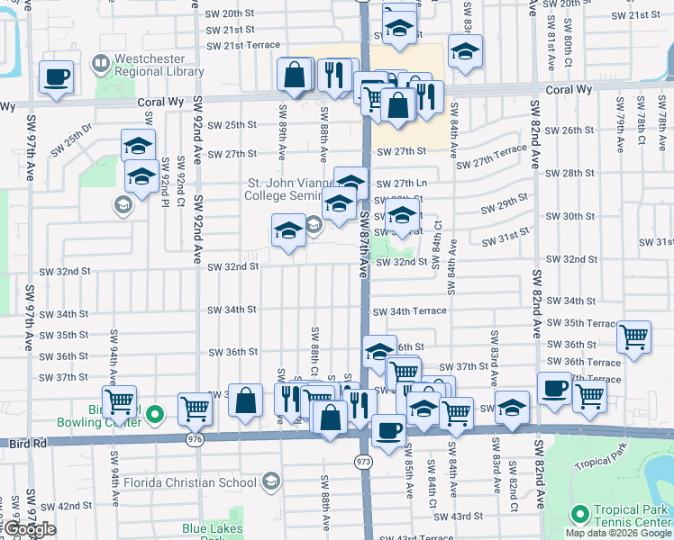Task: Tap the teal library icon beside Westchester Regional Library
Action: (99, 65)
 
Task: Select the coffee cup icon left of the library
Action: (56, 77)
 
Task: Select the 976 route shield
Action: (195, 439)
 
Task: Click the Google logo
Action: (31, 529)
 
